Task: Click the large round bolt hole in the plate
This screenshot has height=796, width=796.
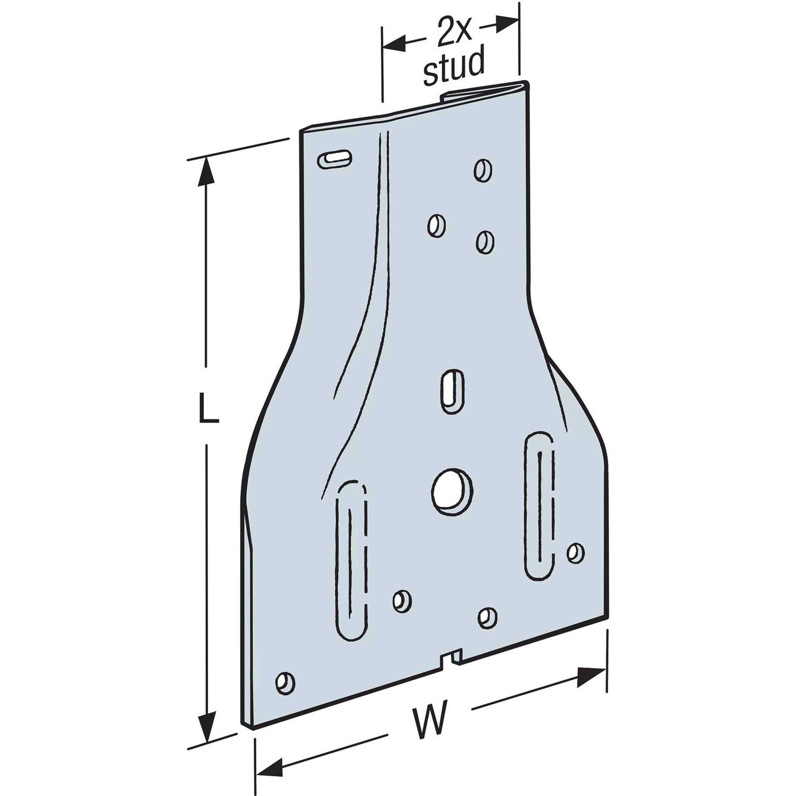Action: pyautogui.click(x=452, y=491)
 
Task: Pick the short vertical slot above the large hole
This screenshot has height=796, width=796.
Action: pyautogui.click(x=453, y=391)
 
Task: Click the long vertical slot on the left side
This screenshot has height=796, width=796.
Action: pyautogui.click(x=351, y=563)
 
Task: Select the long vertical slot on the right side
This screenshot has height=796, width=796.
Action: pyautogui.click(x=540, y=506)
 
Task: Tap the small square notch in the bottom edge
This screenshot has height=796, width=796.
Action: pyautogui.click(x=452, y=659)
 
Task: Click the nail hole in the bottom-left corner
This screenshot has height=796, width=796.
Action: pyautogui.click(x=285, y=683)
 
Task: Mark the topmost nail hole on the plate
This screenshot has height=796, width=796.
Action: pyautogui.click(x=482, y=170)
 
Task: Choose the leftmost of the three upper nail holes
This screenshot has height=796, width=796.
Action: pyautogui.click(x=436, y=226)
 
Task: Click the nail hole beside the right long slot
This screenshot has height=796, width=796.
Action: pyautogui.click(x=575, y=552)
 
